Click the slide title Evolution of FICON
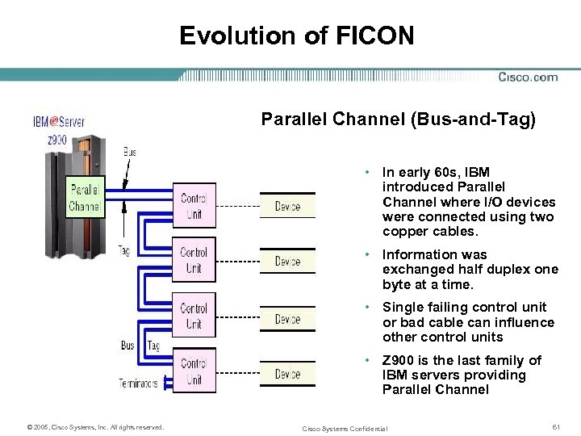[296, 36]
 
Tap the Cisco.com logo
[528, 78]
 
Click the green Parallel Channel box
[84, 198]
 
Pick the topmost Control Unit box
[194, 206]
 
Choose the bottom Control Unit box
[194, 371]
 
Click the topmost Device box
[287, 207]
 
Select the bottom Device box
[287, 374]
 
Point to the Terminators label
[139, 383]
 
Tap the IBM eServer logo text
[58, 122]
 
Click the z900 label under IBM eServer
[56, 139]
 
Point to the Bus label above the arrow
[129, 151]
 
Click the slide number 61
[554, 426]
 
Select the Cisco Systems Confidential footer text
[345, 428]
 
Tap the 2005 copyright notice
[95, 427]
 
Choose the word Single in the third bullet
[401, 308]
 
